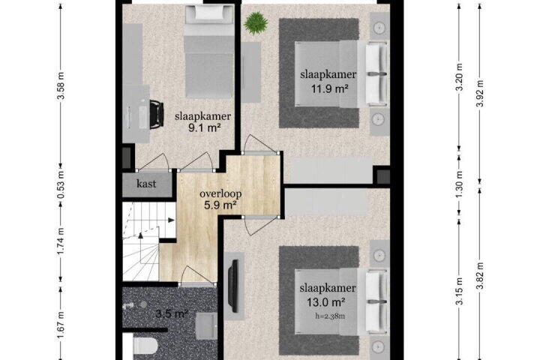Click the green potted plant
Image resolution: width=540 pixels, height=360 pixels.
click(256, 23)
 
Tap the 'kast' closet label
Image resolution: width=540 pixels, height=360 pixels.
click(146, 184)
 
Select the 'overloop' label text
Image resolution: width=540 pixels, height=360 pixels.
click(220, 193)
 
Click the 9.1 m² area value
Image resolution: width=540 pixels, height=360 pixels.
click(205, 128)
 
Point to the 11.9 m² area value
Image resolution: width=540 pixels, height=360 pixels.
click(329, 89)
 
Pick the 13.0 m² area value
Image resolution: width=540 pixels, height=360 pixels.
click(326, 302)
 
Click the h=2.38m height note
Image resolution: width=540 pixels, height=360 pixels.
click(330, 316)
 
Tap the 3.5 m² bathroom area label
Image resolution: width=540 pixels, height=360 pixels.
click(172, 313)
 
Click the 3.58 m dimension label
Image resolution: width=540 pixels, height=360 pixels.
click(61, 85)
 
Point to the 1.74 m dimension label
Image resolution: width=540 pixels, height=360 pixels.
click(61, 241)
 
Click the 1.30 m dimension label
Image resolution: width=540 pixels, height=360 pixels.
click(459, 186)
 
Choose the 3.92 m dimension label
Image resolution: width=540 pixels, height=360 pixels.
click(480, 93)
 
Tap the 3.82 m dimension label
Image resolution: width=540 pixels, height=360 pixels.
click(480, 275)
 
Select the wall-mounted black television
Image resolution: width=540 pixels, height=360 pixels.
click(234, 286)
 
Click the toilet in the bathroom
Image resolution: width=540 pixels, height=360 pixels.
click(145, 346)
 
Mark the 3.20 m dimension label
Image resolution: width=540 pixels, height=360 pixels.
click(459, 82)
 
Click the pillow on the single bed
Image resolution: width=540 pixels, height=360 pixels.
click(209, 13)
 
